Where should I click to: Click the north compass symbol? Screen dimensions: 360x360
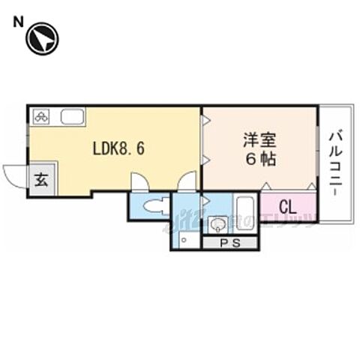coord(42,39)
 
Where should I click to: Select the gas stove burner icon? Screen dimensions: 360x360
coord(41,116)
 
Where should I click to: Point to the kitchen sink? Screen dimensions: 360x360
coord(72,117)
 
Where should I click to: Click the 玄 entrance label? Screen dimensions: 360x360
coord(40,180)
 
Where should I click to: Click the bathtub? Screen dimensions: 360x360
coord(244,208)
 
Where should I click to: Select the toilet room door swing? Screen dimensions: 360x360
coord(139,182)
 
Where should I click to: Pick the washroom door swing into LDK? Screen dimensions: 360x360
coord(187,181)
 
